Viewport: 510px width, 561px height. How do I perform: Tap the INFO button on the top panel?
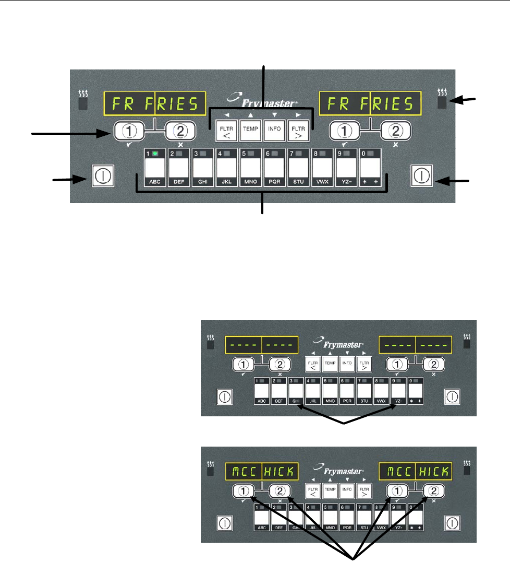pos(274,130)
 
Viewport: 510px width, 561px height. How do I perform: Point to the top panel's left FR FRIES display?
pos(154,104)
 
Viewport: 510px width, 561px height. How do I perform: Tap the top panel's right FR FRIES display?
pos(370,104)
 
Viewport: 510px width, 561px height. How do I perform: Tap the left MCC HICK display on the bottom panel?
pos(261,472)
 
